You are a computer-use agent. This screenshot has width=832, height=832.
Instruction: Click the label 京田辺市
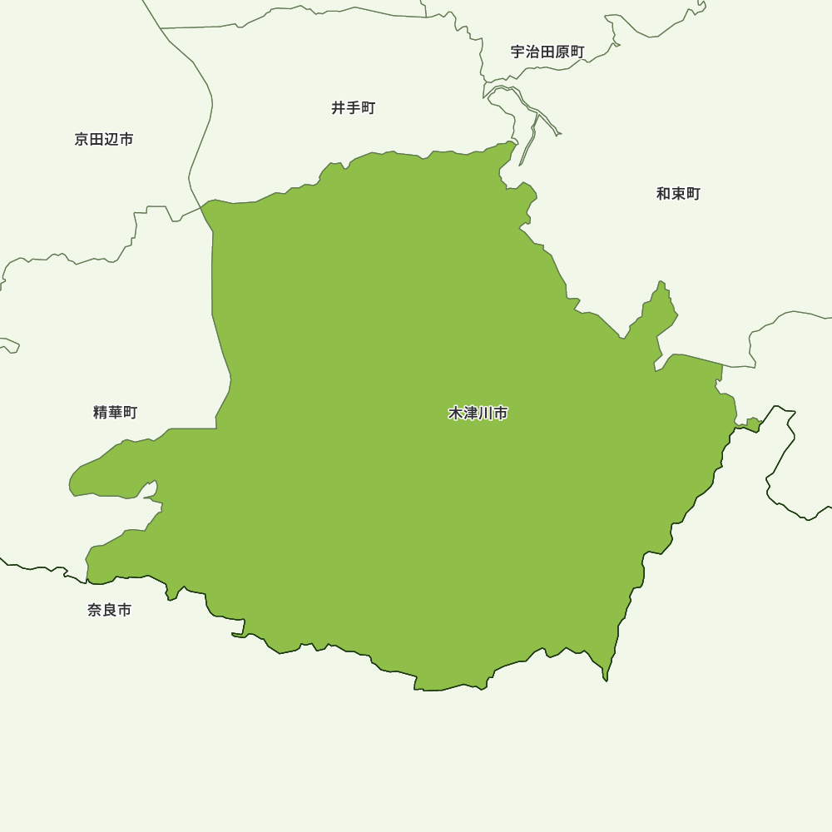[104, 139]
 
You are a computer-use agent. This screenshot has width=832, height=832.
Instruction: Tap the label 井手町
[354, 108]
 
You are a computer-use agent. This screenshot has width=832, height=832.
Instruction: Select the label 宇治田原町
[547, 52]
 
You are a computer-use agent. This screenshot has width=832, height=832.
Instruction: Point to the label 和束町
[678, 194]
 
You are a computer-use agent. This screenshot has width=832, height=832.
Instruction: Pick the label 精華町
[116, 412]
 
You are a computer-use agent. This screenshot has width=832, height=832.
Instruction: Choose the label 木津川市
[478, 413]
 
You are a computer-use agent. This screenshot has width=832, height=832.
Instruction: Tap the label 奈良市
[109, 610]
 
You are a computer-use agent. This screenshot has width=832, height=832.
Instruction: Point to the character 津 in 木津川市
[471, 413]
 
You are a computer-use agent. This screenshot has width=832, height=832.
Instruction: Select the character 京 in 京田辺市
[82, 139]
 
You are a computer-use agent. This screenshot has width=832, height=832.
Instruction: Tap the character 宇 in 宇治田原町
[518, 52]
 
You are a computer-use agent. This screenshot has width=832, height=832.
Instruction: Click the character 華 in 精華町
[116, 412]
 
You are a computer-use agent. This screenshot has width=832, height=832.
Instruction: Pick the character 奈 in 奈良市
[94, 610]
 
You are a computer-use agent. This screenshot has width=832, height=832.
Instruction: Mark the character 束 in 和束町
[678, 194]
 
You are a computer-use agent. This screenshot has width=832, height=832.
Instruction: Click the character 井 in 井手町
[339, 108]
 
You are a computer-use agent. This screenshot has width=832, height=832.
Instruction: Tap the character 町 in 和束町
[693, 194]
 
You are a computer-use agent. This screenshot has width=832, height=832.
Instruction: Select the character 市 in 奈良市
[124, 610]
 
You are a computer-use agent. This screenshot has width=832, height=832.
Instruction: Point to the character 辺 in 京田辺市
[111, 139]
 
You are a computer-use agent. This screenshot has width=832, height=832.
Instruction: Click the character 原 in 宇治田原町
[562, 52]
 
